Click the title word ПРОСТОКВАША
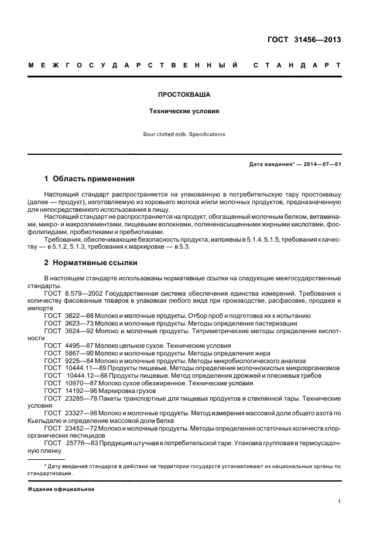184,93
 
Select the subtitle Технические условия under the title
184,110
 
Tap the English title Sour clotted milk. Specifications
184,134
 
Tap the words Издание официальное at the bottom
61,489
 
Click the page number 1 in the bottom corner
339,501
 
